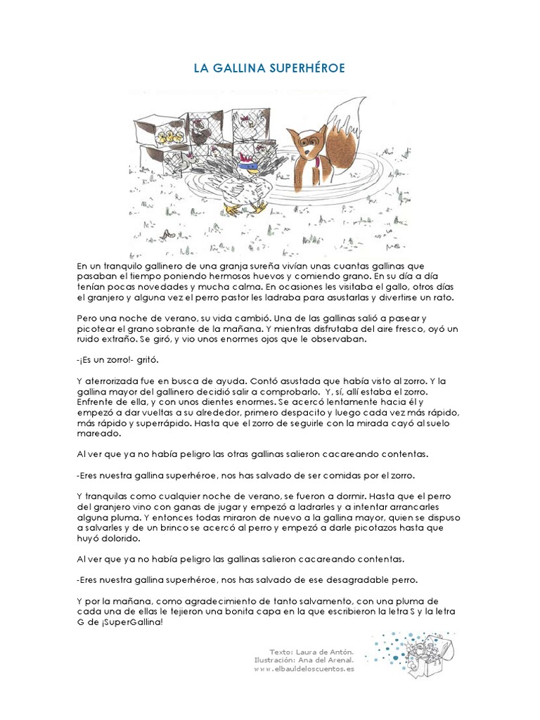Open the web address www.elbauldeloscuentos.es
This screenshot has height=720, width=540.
click(x=304, y=669)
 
